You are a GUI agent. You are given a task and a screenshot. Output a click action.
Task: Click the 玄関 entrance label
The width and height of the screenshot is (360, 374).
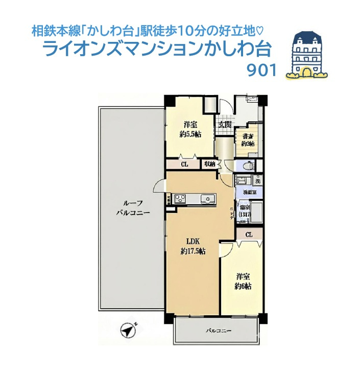pyautogui.click(x=225, y=124)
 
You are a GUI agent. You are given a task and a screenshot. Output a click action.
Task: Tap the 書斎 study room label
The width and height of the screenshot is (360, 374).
pyautogui.click(x=249, y=136)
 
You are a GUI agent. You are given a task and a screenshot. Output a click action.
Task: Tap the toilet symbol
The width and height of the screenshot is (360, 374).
pyautogui.click(x=247, y=167)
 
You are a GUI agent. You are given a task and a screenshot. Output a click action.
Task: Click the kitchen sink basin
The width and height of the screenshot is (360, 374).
pyautogui.click(x=207, y=199)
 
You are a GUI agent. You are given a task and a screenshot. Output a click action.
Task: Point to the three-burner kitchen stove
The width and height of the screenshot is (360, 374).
pyautogui.click(x=180, y=198)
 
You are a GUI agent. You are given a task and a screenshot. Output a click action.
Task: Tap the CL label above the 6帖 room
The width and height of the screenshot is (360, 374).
pyautogui.click(x=249, y=235)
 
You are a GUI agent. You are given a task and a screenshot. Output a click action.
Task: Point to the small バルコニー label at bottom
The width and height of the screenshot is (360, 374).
pyautogui.click(x=219, y=331)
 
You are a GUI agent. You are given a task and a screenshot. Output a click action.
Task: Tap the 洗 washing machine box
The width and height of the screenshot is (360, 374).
pyautogui.click(x=257, y=180)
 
